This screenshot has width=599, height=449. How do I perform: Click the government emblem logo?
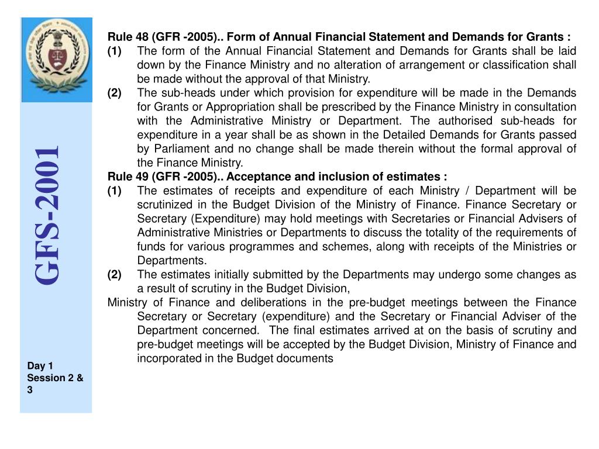tap(57, 60)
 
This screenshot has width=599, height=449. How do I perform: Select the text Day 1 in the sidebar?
tap(40, 366)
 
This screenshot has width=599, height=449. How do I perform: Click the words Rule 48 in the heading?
tap(127, 37)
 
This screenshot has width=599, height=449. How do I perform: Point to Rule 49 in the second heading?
tap(127, 177)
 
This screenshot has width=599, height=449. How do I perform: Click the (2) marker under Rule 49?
tap(115, 275)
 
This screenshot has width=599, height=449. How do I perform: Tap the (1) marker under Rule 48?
tap(115, 51)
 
